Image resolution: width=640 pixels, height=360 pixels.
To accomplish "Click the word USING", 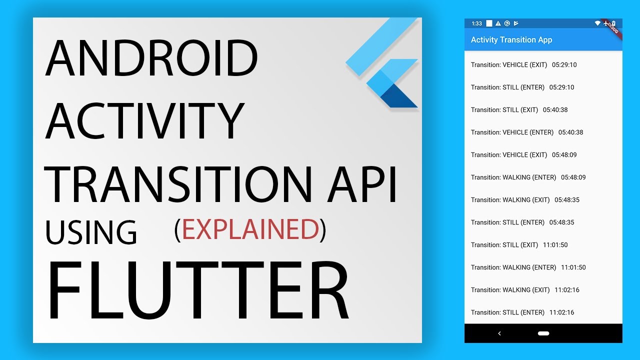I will pyautogui.click(x=91, y=232).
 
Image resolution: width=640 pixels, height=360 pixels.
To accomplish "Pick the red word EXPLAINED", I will pyautogui.click(x=250, y=230).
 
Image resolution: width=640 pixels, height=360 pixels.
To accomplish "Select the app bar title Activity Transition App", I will pyautogui.click(x=511, y=40).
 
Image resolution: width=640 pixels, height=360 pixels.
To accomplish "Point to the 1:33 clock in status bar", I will pyautogui.click(x=477, y=23).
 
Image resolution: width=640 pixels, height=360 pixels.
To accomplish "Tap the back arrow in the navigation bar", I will pyautogui.click(x=499, y=333).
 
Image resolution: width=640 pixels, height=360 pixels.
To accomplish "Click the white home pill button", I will pyautogui.click(x=543, y=333).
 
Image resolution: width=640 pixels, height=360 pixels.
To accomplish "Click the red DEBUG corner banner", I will pyautogui.click(x=612, y=27).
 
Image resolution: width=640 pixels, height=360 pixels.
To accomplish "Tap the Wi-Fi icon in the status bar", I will pyautogui.click(x=597, y=23).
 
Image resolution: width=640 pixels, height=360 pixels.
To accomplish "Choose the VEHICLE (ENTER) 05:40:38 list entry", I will pyautogui.click(x=527, y=132).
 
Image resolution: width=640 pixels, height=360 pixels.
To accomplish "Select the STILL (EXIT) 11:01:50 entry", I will pyautogui.click(x=519, y=245).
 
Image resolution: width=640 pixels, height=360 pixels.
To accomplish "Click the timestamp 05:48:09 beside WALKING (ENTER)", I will pyautogui.click(x=573, y=177).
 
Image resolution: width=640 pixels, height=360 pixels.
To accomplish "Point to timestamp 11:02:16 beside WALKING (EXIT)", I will pyautogui.click(x=567, y=290).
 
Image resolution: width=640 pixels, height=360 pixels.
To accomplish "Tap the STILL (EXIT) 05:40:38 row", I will pyautogui.click(x=519, y=110).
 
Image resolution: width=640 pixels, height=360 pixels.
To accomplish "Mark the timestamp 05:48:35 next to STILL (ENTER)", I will pyautogui.click(x=561, y=222).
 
